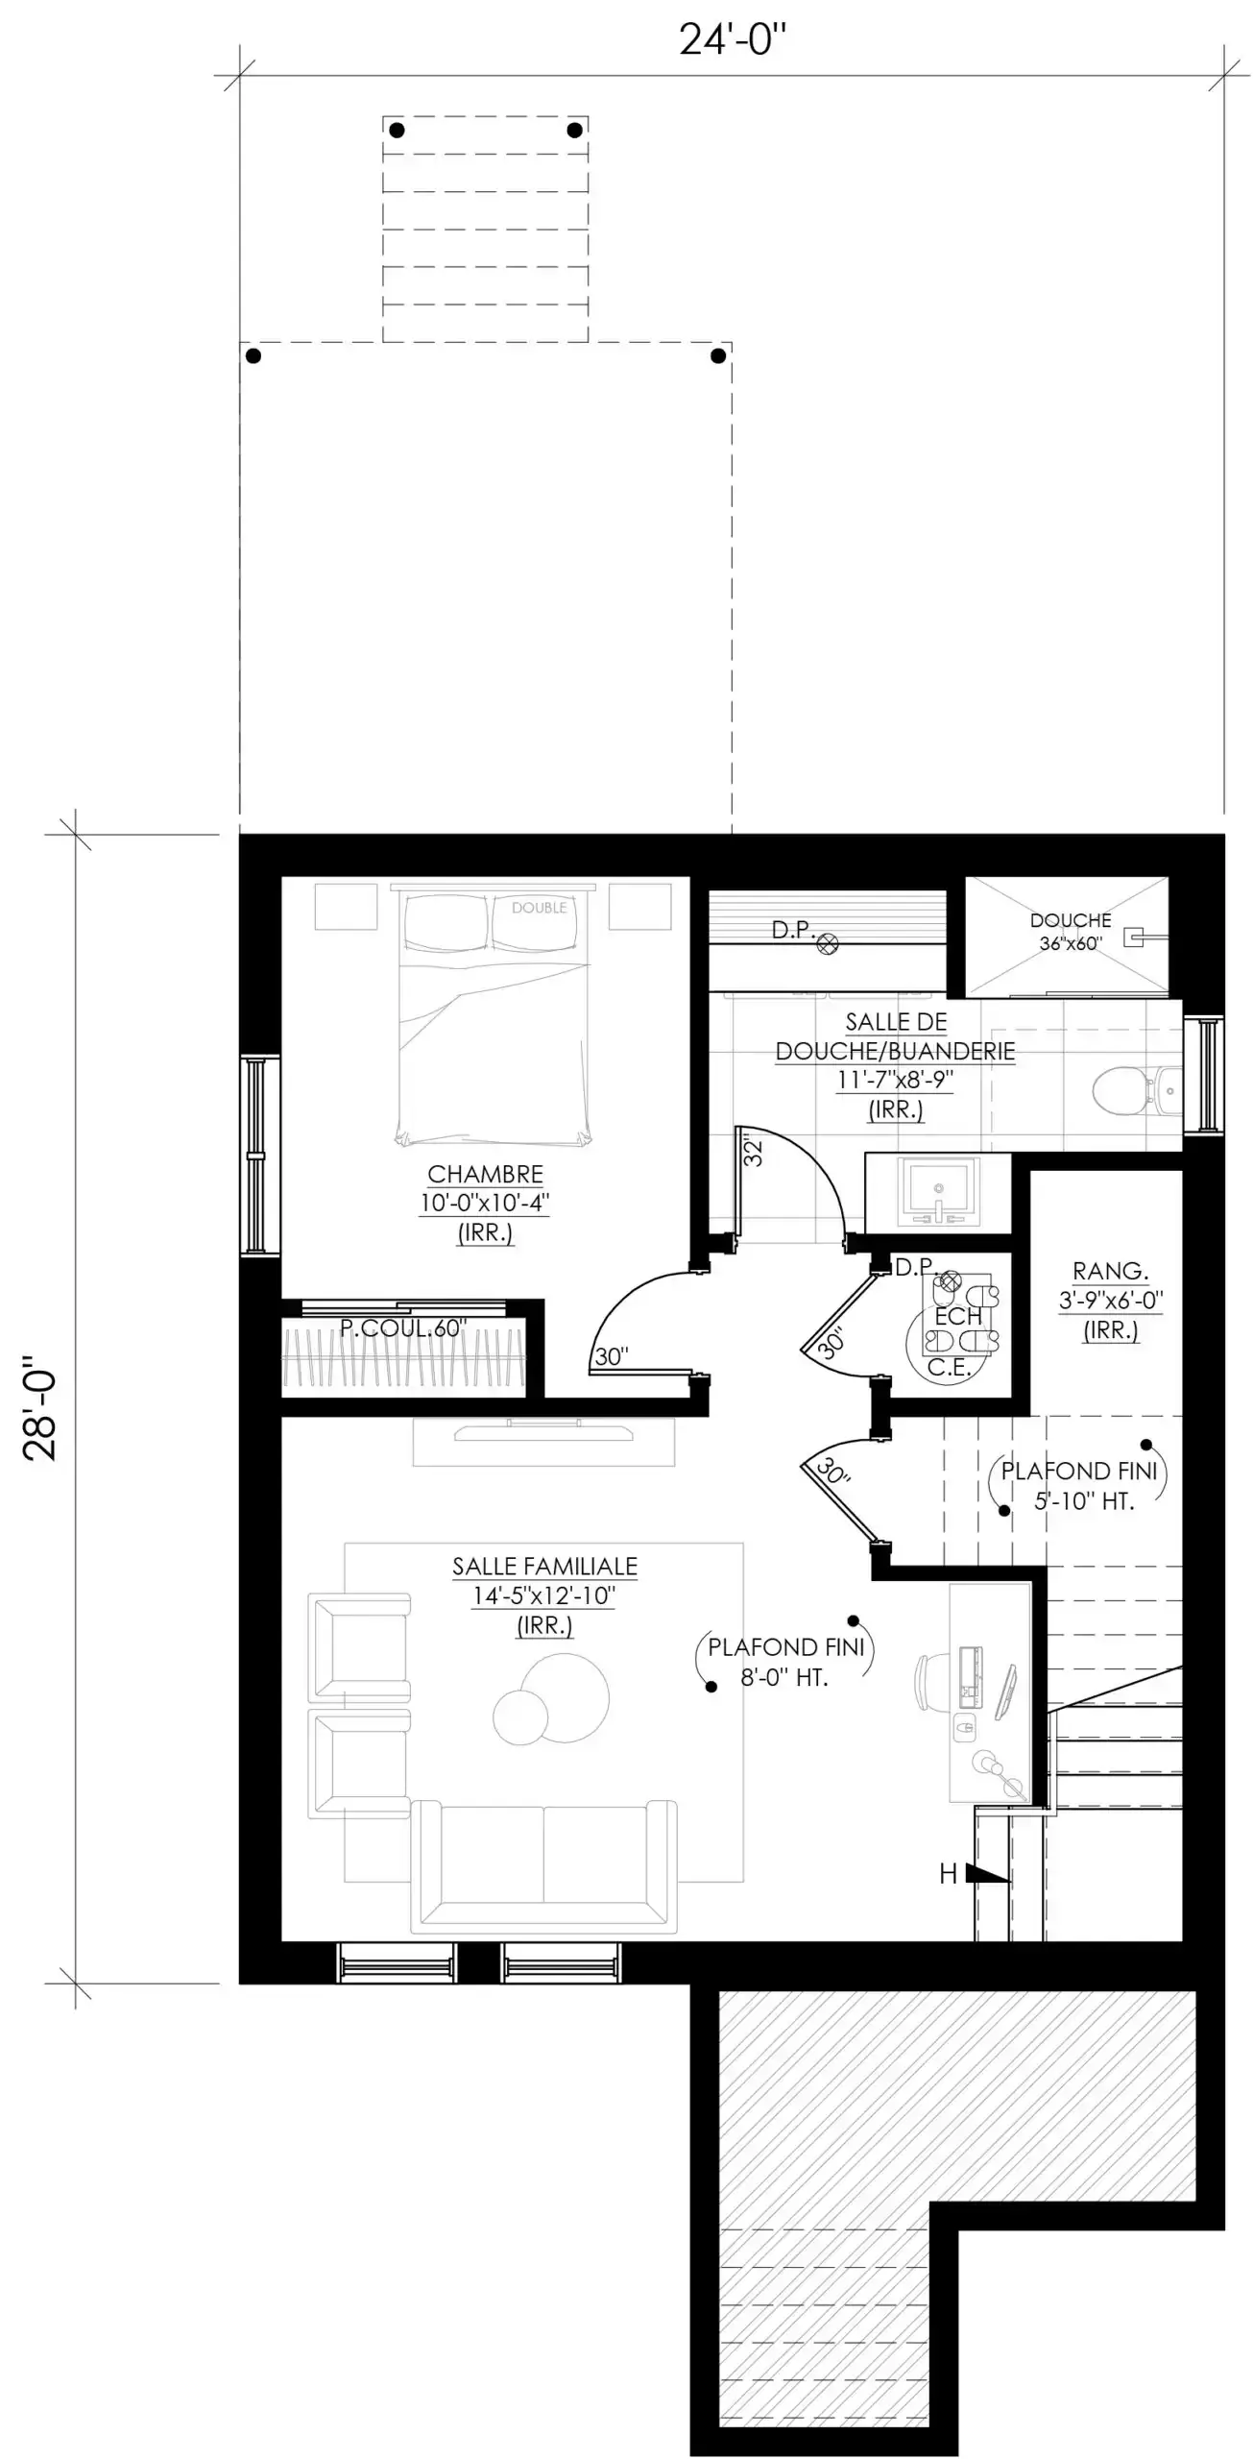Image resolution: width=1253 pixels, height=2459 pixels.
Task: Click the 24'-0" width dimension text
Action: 732,39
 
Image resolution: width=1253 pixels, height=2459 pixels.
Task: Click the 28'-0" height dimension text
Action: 40,1408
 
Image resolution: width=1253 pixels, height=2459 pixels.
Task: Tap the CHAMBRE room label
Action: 485,1174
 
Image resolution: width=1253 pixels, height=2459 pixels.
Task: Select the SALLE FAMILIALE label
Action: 544,1566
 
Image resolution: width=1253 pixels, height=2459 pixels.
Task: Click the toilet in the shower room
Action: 1123,1090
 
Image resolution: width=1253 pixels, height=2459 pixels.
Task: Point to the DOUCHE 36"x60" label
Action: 1071,931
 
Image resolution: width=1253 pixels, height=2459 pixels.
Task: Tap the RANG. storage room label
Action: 1110,1271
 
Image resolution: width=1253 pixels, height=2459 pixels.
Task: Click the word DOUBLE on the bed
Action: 539,908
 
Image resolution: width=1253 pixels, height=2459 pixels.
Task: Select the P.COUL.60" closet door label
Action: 403,1328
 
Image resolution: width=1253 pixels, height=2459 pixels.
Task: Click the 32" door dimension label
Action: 754,1152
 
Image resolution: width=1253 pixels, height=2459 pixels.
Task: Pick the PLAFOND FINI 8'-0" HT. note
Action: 785,1662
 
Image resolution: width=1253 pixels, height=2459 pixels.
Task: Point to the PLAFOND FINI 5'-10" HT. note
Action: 1079,1486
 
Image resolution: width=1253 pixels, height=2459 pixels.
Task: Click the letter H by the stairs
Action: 948,1873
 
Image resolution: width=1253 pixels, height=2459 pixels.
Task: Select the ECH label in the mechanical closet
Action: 958,1316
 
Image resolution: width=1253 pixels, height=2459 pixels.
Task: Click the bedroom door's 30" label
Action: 612,1355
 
